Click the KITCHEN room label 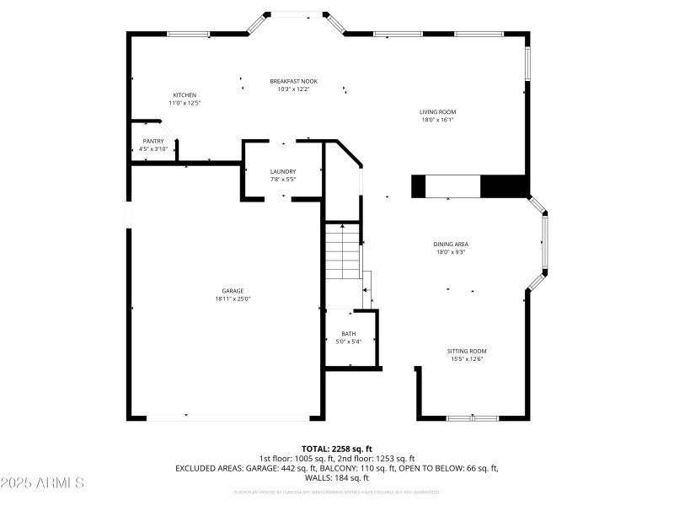[x=185, y=94]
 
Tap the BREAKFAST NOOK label [x=293, y=81]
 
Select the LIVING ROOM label [x=437, y=111]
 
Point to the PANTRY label [x=152, y=141]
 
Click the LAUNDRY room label [x=282, y=171]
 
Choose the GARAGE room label [x=233, y=291]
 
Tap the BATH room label [x=349, y=334]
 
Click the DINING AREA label [x=450, y=244]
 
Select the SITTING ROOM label [x=467, y=351]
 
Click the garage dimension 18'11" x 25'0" [x=233, y=299]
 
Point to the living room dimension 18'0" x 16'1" [x=437, y=120]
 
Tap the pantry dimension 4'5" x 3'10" [x=152, y=149]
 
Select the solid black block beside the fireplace [x=503, y=186]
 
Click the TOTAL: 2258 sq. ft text [x=336, y=449]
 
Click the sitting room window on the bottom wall [x=472, y=417]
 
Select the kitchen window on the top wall [x=188, y=34]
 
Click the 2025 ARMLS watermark [x=43, y=483]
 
